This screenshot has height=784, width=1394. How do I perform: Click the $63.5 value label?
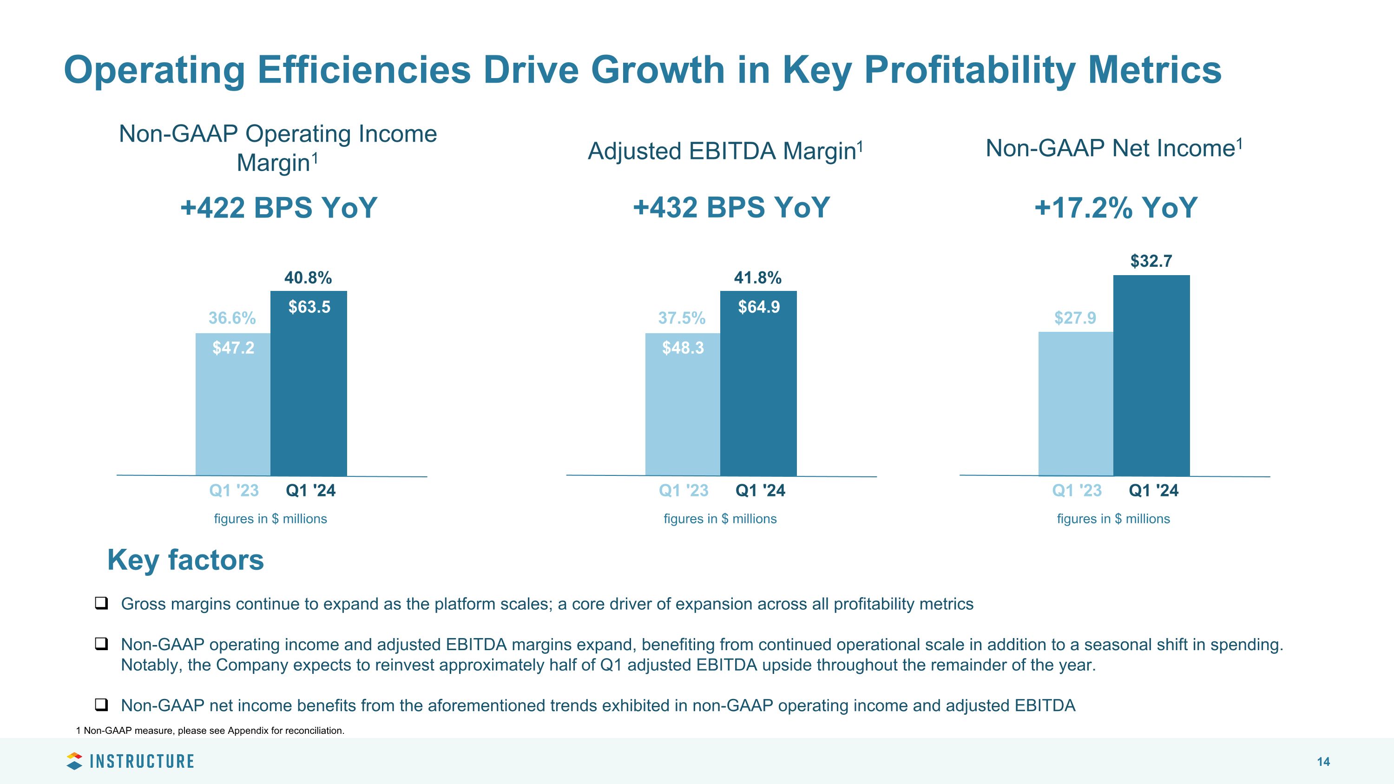click(309, 307)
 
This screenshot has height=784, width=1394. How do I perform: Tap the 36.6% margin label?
click(232, 318)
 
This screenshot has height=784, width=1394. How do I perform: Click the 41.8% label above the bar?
click(757, 278)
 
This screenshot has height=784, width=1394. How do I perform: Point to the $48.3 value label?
click(683, 348)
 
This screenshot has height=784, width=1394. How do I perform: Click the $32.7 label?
click(1151, 261)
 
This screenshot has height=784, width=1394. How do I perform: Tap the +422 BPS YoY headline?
click(279, 208)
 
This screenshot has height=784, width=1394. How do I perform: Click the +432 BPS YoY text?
click(731, 208)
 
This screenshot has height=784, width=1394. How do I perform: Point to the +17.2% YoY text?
click(1116, 208)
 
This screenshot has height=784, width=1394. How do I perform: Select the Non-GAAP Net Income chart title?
click(1114, 148)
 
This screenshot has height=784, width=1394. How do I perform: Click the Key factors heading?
click(185, 560)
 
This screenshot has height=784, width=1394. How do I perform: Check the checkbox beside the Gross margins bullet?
click(101, 603)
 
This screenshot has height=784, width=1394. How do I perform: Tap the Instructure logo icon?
click(74, 761)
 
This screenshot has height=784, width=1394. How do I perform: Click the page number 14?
click(1323, 762)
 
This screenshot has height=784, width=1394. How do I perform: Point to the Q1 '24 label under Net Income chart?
click(1153, 491)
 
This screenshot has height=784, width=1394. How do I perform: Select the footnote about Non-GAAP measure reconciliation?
click(210, 731)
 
